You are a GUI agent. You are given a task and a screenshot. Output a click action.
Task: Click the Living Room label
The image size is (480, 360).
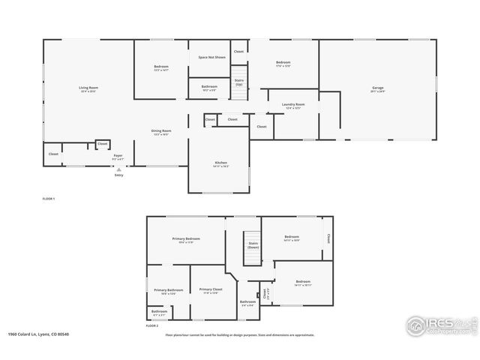click(x=88, y=88)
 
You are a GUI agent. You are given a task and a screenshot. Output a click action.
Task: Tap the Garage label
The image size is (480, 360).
click(x=377, y=88)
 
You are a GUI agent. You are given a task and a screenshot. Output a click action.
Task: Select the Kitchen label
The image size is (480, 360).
click(x=221, y=163)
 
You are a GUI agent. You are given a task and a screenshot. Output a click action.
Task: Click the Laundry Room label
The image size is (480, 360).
click(x=293, y=105)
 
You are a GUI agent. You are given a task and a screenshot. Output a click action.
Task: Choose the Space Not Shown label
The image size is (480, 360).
click(x=211, y=57)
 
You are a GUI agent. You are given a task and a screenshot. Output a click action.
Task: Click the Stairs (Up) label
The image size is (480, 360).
click(x=239, y=82)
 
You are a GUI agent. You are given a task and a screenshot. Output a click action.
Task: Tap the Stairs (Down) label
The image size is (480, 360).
click(x=253, y=244)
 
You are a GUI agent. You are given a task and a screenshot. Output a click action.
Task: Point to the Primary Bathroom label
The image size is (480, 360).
click(x=169, y=291)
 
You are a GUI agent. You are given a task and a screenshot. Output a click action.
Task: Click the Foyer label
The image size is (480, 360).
click(x=118, y=157)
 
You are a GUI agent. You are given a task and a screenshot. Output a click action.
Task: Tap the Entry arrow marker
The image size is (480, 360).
click(x=118, y=170)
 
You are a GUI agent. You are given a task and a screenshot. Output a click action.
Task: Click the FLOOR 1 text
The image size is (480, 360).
click(x=49, y=198)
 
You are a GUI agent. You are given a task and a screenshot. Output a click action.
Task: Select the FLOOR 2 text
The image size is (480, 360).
click(x=152, y=326)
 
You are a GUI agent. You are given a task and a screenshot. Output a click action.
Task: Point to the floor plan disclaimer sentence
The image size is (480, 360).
click(x=239, y=335)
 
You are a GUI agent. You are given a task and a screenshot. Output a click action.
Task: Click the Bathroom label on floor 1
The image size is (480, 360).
click(x=209, y=87)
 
